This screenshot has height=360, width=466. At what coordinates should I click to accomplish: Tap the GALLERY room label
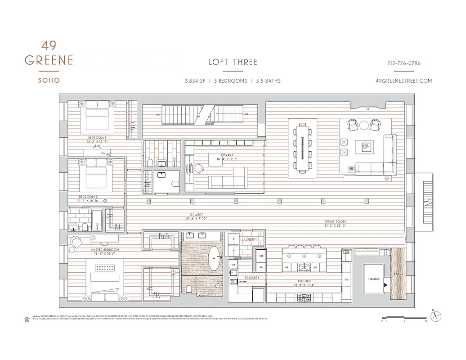[x=197, y=215]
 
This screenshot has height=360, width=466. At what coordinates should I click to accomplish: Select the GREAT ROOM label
[x=335, y=222]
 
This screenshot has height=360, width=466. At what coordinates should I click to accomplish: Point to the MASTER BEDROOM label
[x=104, y=249]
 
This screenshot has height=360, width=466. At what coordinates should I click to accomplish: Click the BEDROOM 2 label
[x=88, y=197]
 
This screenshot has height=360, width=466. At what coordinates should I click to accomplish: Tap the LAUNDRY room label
[x=249, y=240]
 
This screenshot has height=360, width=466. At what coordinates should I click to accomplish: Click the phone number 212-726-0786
[x=403, y=63]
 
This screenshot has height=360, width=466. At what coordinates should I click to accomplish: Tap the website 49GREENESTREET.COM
[x=403, y=81]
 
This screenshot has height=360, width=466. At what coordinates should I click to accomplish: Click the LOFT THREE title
[x=233, y=62]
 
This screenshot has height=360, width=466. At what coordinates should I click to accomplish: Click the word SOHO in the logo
[x=49, y=80]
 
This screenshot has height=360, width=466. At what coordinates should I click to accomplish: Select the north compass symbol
[x=435, y=316]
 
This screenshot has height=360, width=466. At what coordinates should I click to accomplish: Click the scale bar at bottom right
[x=403, y=318]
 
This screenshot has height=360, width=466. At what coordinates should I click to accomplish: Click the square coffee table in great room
[x=366, y=146]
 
